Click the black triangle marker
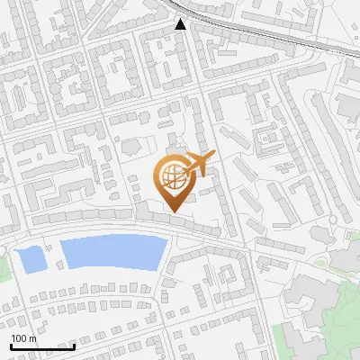(x=181, y=24)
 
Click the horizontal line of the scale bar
(x=42, y=346)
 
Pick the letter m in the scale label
(x=32, y=339)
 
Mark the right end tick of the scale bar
(x=74, y=345)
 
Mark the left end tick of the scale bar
(x=11, y=345)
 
